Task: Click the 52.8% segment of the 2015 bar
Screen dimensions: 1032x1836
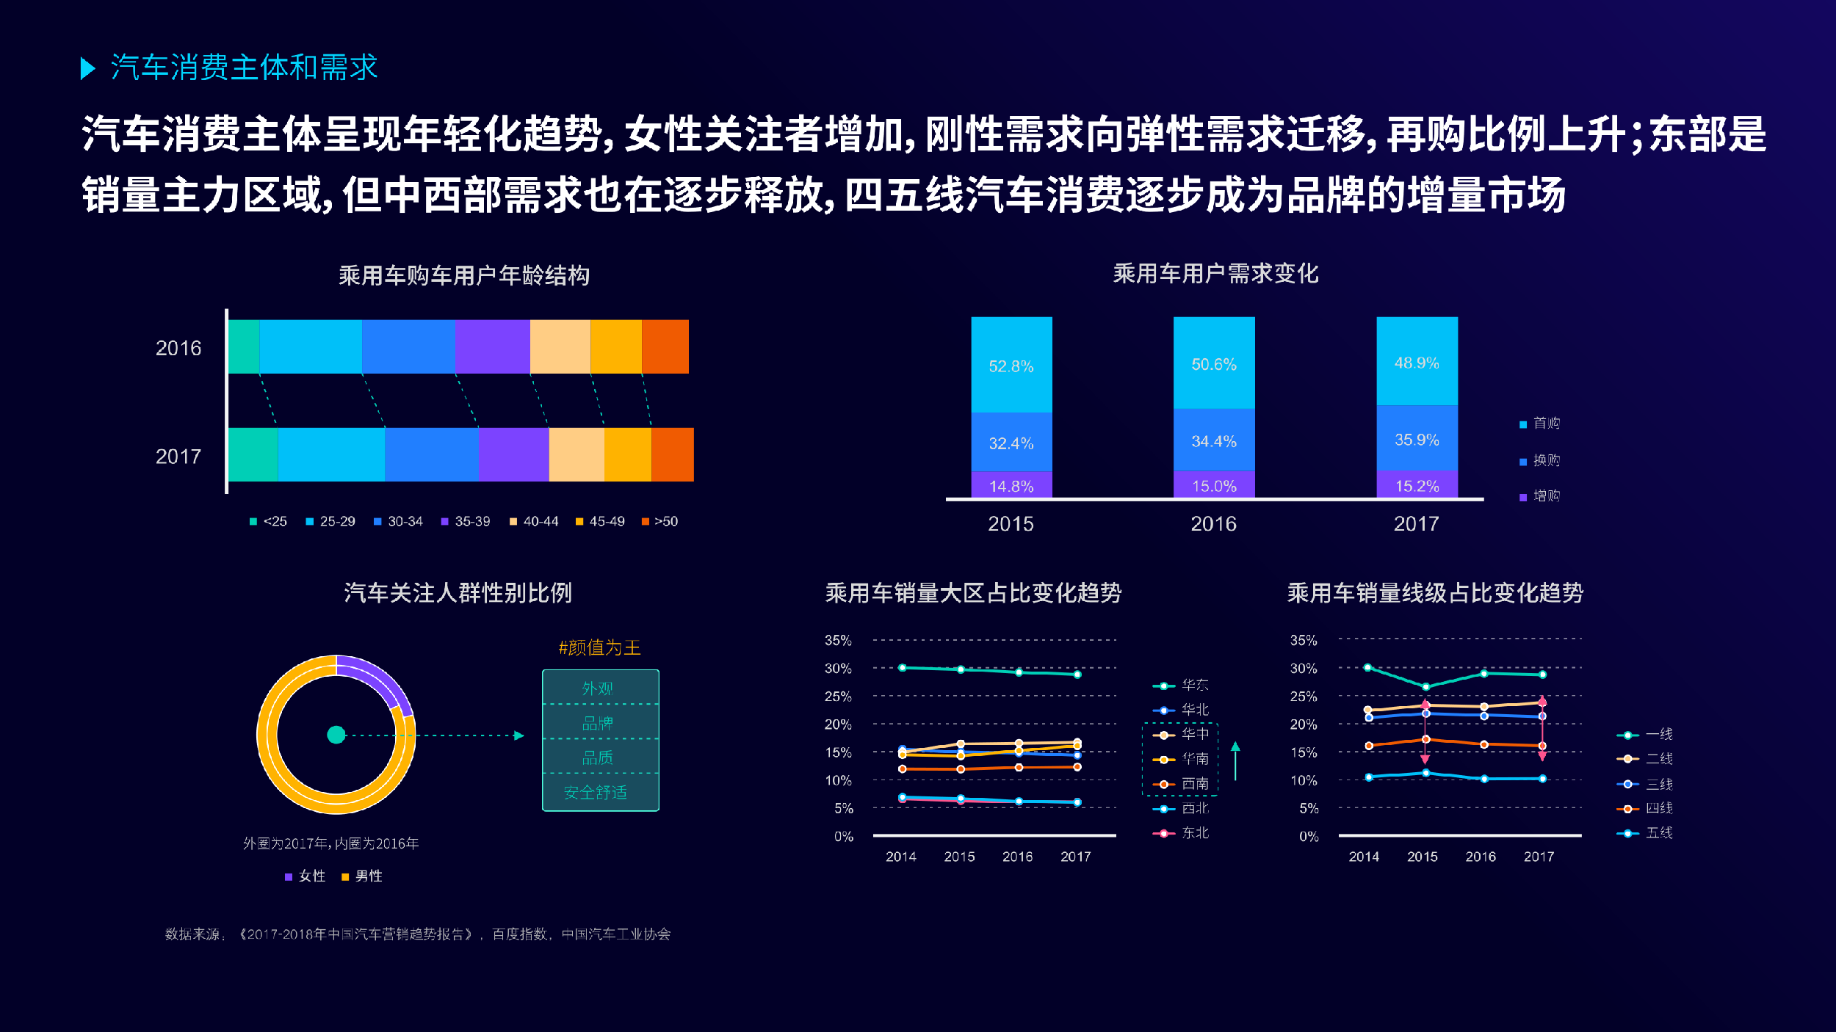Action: pos(1011,366)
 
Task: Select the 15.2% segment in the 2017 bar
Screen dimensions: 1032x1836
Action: pos(1417,486)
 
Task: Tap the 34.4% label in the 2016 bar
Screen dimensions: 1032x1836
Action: pos(1214,441)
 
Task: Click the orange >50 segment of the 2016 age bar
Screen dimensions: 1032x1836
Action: pos(665,346)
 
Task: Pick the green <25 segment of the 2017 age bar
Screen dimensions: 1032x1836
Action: pos(253,454)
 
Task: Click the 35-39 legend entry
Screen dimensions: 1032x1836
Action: pos(465,521)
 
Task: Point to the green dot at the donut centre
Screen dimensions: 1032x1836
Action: pos(336,735)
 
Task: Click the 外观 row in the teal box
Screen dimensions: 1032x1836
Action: pos(598,688)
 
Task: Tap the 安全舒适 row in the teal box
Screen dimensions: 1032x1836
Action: pos(596,793)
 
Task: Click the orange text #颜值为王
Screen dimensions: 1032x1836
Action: pos(599,647)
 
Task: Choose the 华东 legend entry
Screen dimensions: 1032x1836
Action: pos(1181,686)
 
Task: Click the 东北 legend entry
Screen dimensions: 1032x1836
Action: pos(1181,833)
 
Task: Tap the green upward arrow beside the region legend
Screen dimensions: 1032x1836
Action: pos(1235,760)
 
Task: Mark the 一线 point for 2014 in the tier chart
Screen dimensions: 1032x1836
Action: pos(1367,667)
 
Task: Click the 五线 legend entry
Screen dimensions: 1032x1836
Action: pos(1645,833)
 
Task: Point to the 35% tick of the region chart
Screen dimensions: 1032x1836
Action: pos(838,640)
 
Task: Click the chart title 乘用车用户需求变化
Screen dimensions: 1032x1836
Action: pos(1215,274)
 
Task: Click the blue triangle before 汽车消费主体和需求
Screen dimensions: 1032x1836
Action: pos(87,68)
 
